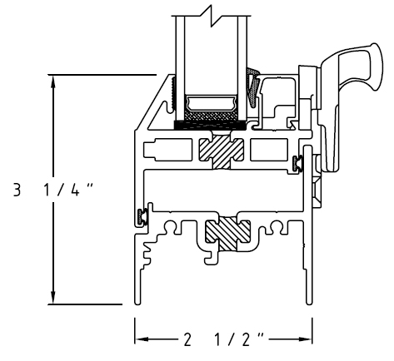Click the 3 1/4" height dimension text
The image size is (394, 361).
[52, 190]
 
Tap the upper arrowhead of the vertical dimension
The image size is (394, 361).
[53, 82]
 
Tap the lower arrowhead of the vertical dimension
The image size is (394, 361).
[53, 297]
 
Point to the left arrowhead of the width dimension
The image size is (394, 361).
[142, 339]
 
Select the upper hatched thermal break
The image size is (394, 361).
[222, 151]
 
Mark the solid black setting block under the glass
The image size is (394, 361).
[210, 126]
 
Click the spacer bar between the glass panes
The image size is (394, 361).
[211, 104]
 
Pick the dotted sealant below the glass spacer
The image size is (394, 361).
[211, 116]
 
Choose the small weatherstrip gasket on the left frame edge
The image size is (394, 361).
[142, 216]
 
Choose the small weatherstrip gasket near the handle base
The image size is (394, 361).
[297, 163]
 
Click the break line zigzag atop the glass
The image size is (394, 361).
[211, 16]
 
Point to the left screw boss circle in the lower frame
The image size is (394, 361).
[170, 227]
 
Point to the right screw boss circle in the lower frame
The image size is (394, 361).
[277, 227]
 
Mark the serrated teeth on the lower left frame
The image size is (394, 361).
[147, 252]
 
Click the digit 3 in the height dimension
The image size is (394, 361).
[17, 190]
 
